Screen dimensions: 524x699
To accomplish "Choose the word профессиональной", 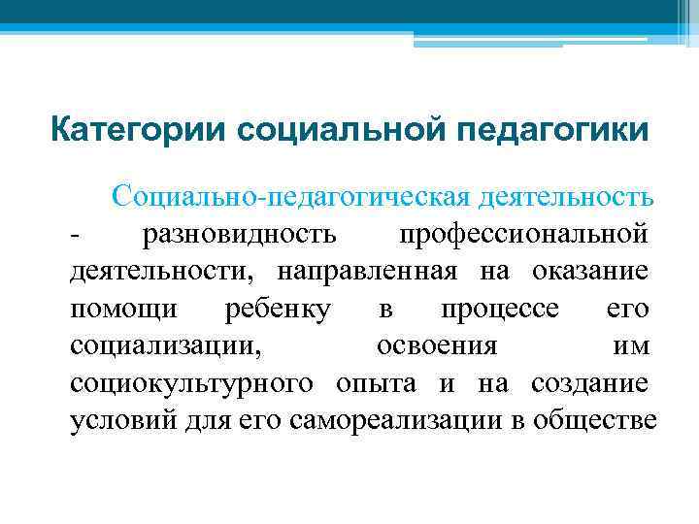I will (523, 234).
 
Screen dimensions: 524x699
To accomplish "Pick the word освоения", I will (437, 345).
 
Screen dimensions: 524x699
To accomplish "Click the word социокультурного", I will (191, 382).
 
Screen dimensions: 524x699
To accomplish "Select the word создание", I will (589, 382).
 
